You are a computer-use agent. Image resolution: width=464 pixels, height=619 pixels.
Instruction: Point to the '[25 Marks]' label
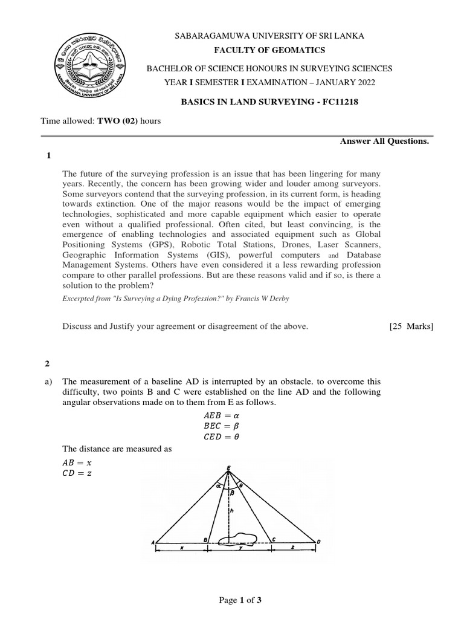[x=411, y=326]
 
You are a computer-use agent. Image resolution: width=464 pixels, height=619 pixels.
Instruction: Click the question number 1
[x=48, y=156]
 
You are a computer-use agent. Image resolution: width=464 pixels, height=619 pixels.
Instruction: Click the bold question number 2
[x=48, y=363]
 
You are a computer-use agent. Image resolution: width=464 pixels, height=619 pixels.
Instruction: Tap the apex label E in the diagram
[x=228, y=467]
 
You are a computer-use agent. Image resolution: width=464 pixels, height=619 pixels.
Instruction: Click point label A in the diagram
[x=152, y=542]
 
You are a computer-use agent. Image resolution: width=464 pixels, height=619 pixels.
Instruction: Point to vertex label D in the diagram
[x=318, y=541]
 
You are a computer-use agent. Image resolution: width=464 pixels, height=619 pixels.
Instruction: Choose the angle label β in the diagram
[x=231, y=493]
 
